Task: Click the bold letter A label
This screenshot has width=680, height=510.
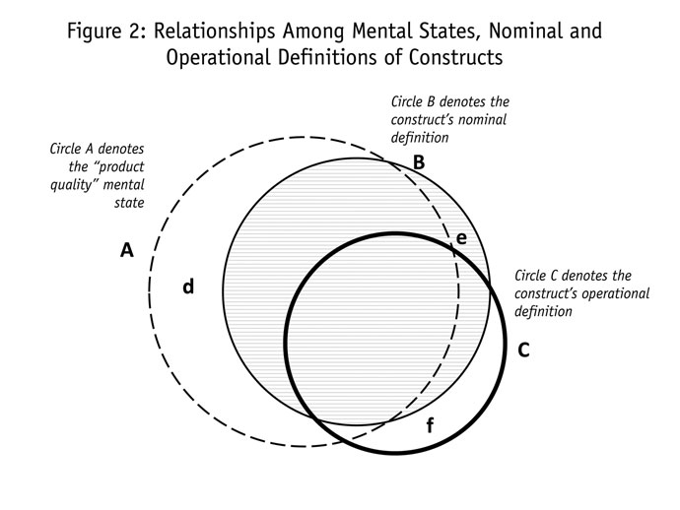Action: click(x=126, y=250)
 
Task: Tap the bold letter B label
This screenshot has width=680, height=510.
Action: click(x=418, y=162)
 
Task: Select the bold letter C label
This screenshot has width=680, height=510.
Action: click(x=523, y=349)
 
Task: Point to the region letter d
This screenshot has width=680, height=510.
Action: click(x=187, y=287)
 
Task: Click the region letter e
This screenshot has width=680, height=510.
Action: click(x=460, y=237)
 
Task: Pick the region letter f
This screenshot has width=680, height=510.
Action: click(x=429, y=426)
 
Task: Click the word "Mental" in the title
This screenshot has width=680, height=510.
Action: click(x=378, y=30)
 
